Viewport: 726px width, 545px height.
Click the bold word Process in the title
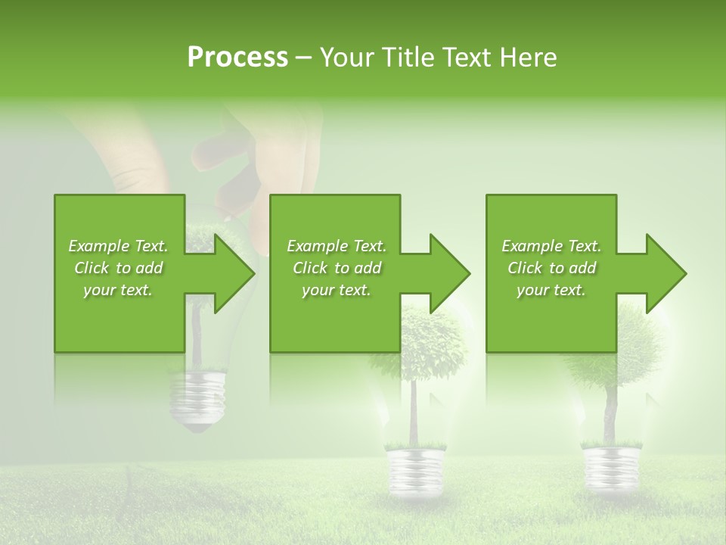237,58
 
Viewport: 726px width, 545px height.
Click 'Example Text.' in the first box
118,246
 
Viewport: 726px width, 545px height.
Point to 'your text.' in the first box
118,290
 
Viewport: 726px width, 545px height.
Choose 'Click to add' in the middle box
337,268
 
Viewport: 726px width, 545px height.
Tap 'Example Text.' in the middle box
337,246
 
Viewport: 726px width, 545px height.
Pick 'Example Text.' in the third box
551,246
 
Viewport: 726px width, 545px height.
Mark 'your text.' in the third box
551,290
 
